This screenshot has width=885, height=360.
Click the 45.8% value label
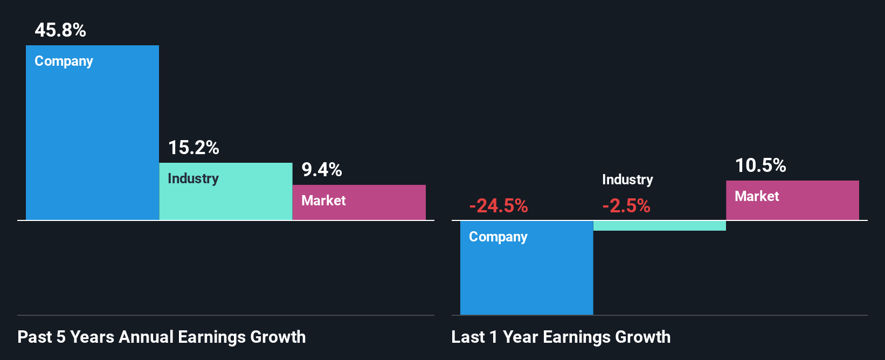point(60,30)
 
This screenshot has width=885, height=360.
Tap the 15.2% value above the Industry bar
point(193,148)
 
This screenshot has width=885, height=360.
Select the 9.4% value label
point(322,170)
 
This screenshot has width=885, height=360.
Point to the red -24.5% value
point(499,206)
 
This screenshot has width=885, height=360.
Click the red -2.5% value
point(626,206)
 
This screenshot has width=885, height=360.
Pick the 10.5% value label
point(760,165)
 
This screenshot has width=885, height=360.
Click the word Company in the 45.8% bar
point(64,61)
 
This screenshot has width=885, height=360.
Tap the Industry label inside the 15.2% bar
point(193,178)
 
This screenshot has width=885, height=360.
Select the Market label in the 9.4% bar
point(323,200)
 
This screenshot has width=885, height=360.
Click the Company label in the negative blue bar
point(498,237)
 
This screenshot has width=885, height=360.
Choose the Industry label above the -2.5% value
point(627,179)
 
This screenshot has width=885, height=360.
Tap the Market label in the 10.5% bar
point(757,196)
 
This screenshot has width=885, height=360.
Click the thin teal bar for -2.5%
point(660,226)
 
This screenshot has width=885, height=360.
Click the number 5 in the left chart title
point(61,337)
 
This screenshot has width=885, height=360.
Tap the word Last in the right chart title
point(468,337)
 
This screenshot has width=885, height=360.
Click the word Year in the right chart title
point(521,337)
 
